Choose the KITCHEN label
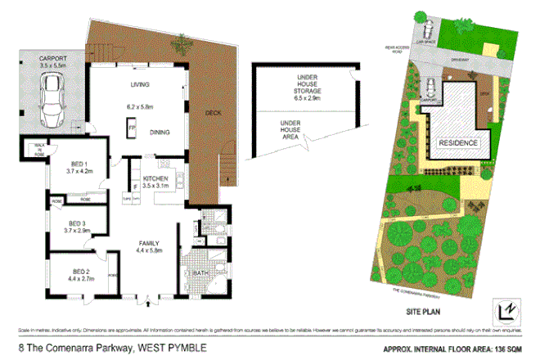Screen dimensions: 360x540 coord(155,178)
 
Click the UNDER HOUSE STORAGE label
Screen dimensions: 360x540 coord(306,81)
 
